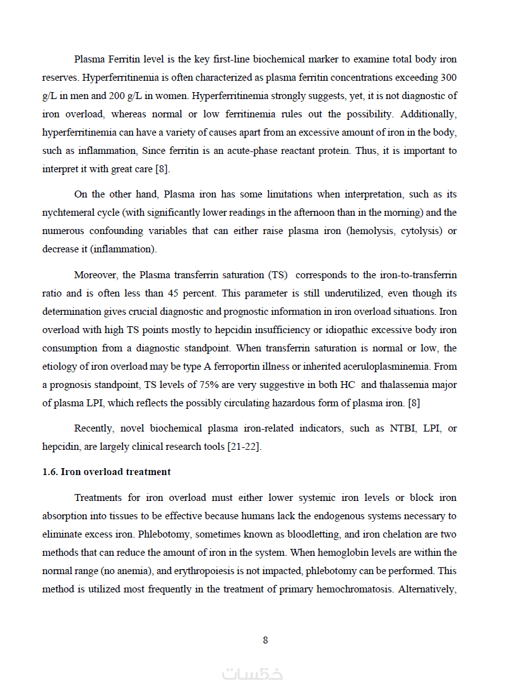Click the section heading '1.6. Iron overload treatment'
tap(106, 472)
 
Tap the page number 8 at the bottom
tap(265, 640)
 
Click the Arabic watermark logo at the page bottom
tap(252, 674)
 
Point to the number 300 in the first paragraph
tap(448, 78)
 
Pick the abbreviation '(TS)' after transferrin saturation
tap(278, 275)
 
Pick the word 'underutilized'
tap(353, 293)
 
